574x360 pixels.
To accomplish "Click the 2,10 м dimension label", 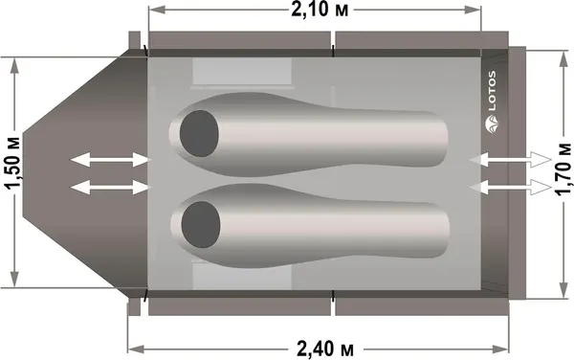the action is tap(320, 10).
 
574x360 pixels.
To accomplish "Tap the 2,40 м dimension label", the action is tap(325, 349).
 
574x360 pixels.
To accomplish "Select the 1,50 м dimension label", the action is tap(14, 162).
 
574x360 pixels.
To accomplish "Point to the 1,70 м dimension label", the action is tap(563, 169).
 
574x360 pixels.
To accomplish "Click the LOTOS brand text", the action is tap(492, 91).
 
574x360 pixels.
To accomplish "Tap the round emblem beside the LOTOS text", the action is tap(492, 124).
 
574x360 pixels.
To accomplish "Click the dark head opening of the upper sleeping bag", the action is tap(199, 133).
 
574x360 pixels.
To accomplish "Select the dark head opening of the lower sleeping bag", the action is tap(201, 224).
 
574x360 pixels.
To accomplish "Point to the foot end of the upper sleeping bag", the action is tap(441, 138).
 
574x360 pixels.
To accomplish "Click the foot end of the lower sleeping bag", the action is tap(443, 229).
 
